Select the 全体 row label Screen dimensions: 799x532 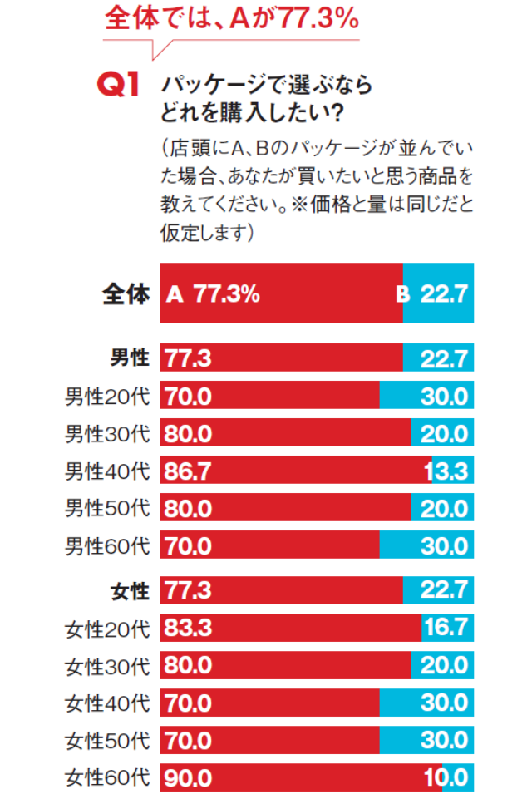tap(125, 293)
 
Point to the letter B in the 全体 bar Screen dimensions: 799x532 tap(402, 293)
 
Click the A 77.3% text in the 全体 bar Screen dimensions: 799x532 tap(214, 293)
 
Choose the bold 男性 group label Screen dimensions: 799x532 tap(130, 358)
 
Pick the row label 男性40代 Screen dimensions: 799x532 tap(107, 471)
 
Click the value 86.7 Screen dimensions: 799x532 tap(188, 471)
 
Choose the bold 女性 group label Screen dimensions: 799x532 tap(130, 591)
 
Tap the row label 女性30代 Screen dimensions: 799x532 tap(107, 666)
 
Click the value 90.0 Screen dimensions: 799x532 tap(188, 778)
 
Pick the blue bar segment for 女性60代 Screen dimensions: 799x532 tap(457, 778)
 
